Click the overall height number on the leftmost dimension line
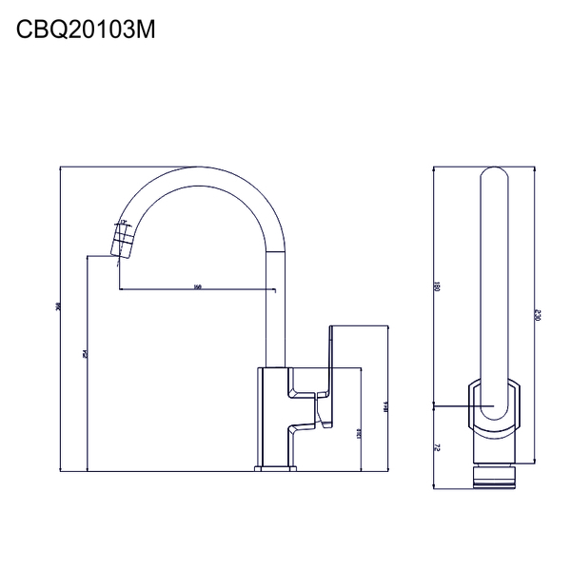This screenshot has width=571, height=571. pos(59,307)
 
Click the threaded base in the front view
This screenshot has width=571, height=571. pos(494,477)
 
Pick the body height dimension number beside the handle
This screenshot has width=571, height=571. pos(361,433)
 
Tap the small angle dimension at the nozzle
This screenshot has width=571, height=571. pos(123,221)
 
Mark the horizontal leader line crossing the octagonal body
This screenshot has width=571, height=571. pos(452,406)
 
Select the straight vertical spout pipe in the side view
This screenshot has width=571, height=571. pos(275,305)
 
